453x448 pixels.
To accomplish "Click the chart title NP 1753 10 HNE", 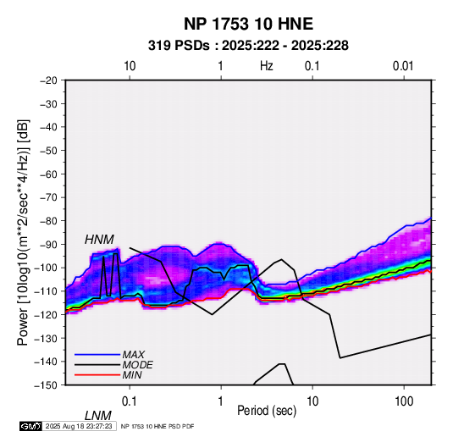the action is click(x=248, y=24).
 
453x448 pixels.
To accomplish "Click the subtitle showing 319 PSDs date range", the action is click(x=248, y=46).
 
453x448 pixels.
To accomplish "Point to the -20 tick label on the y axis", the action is click(x=48, y=80).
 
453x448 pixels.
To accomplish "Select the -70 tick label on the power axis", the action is click(x=48, y=197).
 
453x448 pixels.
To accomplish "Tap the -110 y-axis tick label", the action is click(x=47, y=291).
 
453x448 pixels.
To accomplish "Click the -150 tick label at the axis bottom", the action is click(x=47, y=385).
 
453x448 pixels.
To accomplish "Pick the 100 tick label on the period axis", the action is click(x=404, y=401).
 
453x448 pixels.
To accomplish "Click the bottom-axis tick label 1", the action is click(x=221, y=401).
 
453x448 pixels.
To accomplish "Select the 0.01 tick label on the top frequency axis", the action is click(x=403, y=66).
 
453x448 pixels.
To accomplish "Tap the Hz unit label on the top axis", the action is click(x=267, y=66).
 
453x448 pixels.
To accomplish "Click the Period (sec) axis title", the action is click(x=267, y=411).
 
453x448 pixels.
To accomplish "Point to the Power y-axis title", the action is click(x=23, y=232).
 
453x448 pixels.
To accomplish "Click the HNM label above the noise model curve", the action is click(x=99, y=240).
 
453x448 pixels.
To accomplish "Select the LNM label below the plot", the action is click(x=98, y=416).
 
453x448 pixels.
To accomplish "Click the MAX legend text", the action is click(x=133, y=355).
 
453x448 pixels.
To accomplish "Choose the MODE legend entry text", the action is click(x=137, y=365).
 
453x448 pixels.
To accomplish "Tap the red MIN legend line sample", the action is click(x=97, y=375).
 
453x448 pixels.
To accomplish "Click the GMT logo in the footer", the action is click(x=30, y=426).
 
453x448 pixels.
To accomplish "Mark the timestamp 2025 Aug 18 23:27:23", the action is click(x=79, y=426).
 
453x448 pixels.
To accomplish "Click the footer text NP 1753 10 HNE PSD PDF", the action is click(x=157, y=426).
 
